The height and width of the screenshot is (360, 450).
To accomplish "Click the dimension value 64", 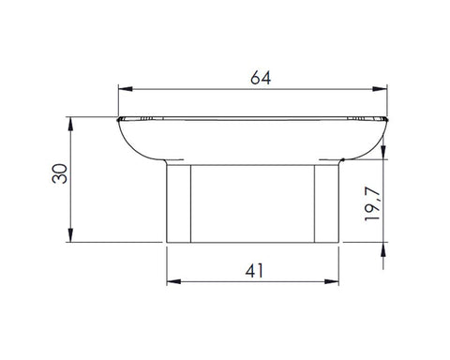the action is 261,78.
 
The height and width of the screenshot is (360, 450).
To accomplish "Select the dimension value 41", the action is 254,271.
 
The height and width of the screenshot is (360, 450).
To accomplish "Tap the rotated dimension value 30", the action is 60,173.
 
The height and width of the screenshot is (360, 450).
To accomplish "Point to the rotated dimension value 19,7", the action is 372,204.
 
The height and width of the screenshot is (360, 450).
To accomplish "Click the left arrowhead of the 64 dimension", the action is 126,89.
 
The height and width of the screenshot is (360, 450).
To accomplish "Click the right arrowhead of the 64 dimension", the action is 380,89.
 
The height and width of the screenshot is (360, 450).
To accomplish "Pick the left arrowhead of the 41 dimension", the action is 173,281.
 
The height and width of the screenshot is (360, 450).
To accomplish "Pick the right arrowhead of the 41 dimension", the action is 332,281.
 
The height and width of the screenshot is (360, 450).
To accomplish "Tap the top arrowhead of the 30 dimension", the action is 70,124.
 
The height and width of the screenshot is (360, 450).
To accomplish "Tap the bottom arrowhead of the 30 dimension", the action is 70,235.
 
